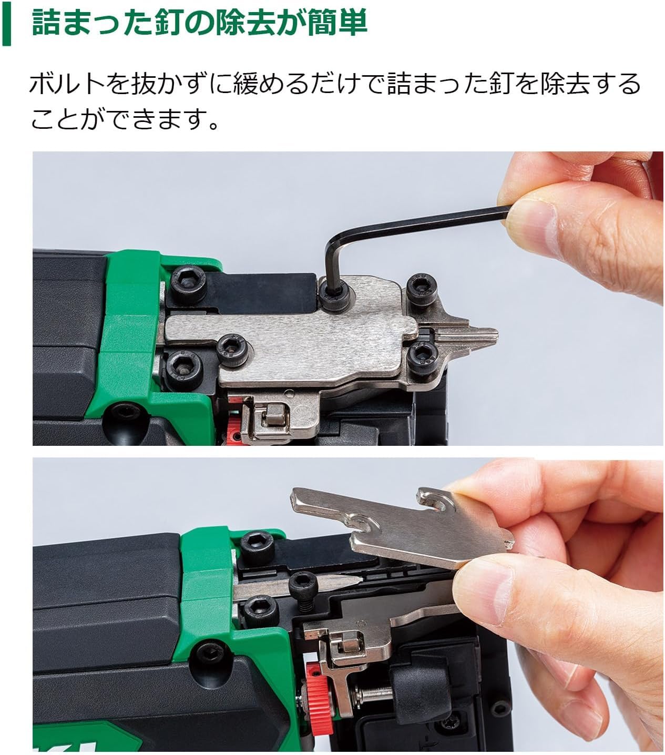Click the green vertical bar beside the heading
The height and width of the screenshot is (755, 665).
[x=6, y=23]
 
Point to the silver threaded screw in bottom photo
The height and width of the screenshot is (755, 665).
[x=373, y=692]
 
